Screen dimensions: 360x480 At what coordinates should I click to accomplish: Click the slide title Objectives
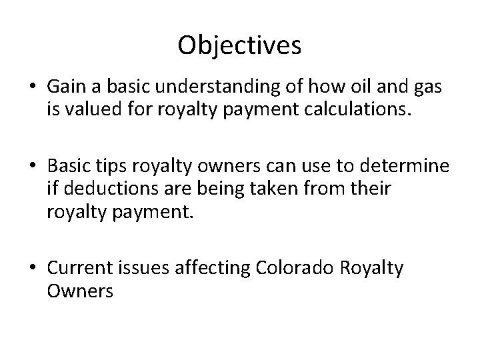[240, 45]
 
